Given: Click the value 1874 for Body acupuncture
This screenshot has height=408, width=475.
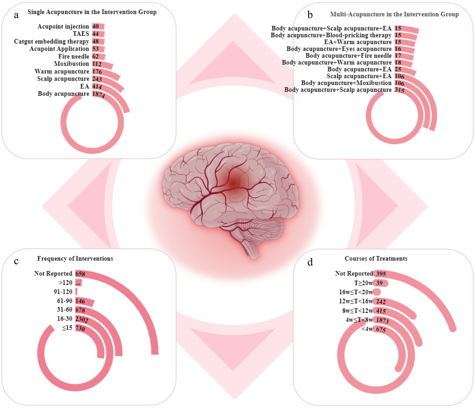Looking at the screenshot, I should click(x=99, y=94).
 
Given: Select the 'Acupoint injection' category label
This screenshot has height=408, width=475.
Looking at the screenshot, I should click(x=63, y=27).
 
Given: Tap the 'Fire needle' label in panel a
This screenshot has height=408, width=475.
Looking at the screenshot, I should click(x=74, y=56).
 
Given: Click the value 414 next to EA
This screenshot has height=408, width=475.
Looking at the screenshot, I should click(x=97, y=87).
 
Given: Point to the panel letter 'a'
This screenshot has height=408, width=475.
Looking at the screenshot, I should click(x=16, y=15).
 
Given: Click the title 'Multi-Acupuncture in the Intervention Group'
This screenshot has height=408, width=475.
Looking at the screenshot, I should click(x=394, y=14).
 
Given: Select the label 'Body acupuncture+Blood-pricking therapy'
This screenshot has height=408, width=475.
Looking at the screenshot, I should click(x=331, y=35).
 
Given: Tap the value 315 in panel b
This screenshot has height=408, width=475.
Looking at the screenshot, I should click(x=399, y=90).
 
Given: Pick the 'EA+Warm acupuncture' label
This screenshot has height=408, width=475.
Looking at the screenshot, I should click(x=358, y=42).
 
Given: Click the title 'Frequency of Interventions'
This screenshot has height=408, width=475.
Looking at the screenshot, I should click(x=75, y=259).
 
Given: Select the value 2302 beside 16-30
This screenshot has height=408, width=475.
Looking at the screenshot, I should click(x=82, y=319).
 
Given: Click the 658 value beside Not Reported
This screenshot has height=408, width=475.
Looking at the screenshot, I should click(x=80, y=274).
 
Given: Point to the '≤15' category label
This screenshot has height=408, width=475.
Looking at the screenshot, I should click(x=67, y=328).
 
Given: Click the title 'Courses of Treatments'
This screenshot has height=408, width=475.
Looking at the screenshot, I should click(x=376, y=259).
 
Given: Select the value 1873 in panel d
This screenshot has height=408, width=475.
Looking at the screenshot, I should click(x=382, y=320).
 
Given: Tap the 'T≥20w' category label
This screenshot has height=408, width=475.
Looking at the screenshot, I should click(x=363, y=283).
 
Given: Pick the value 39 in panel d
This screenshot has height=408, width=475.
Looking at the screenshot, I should click(x=379, y=283).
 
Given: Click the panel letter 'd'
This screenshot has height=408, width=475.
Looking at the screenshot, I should click(x=310, y=262).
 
